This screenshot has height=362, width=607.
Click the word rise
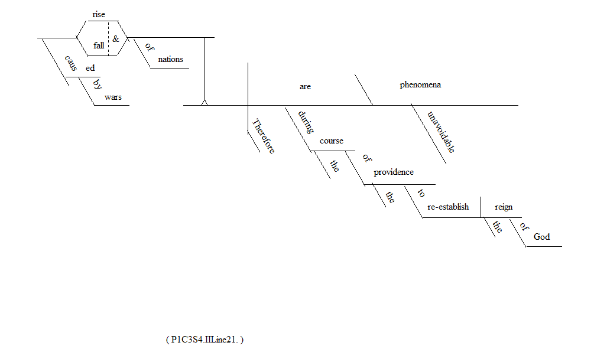(99, 15)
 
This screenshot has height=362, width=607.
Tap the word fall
(98, 45)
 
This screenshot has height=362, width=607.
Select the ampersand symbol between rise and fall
(116, 38)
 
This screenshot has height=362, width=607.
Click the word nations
(170, 59)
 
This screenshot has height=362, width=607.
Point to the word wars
(113, 97)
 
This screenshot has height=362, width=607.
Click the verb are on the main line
(305, 86)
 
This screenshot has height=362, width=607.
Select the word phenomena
(420, 84)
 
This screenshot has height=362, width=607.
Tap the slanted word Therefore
(264, 136)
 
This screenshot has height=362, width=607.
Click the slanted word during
(306, 122)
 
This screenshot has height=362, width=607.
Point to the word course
(332, 141)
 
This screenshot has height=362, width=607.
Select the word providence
(394, 172)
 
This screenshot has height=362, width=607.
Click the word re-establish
(448, 207)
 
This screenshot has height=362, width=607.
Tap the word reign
(504, 207)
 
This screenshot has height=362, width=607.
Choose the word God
(541, 237)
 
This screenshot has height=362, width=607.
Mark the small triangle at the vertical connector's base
(205, 102)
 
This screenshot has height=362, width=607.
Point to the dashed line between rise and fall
(108, 37)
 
